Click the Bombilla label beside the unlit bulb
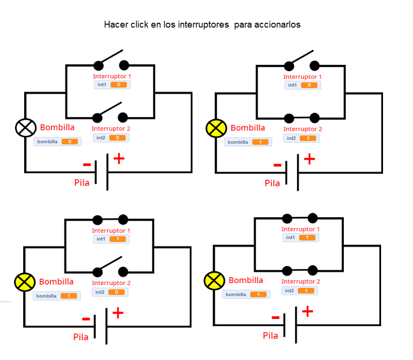click(x=57, y=128)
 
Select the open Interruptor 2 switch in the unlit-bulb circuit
click(x=110, y=112)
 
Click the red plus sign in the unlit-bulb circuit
click(x=119, y=159)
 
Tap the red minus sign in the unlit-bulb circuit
click(x=87, y=165)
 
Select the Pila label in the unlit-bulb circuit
click(x=82, y=183)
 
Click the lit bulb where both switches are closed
click(x=213, y=280)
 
